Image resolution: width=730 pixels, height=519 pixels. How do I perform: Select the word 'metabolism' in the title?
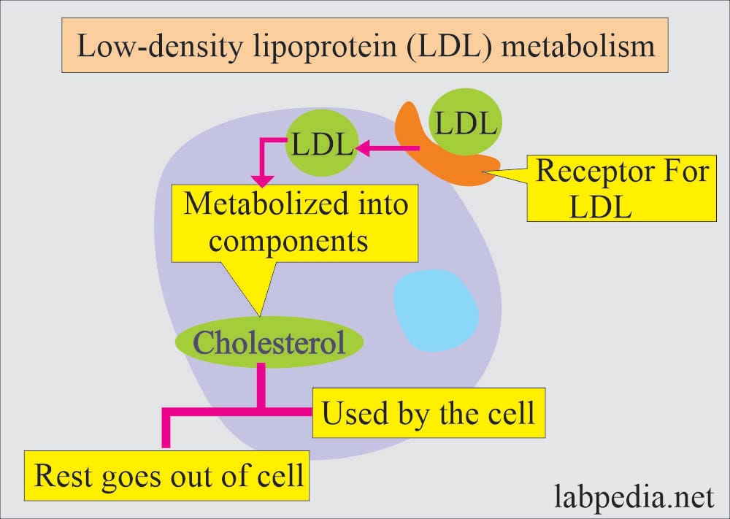[577, 45]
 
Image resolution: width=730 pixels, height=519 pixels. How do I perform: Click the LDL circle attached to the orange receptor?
[465, 122]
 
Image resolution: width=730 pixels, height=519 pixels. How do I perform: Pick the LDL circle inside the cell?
[321, 143]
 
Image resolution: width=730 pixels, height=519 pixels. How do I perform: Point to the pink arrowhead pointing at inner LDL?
[363, 148]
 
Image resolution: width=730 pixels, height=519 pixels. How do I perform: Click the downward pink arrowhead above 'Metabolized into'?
[263, 180]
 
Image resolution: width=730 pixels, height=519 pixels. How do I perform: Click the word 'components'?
[288, 242]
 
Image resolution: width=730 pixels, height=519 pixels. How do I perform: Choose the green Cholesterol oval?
[269, 342]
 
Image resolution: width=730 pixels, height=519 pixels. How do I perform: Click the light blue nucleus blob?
[436, 310]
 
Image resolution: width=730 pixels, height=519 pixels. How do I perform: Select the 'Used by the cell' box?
[429, 413]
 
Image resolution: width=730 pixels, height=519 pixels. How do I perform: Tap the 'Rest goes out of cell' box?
[166, 476]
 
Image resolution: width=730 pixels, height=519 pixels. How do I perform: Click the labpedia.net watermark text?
[634, 496]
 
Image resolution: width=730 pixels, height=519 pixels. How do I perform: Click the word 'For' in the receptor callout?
[687, 171]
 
